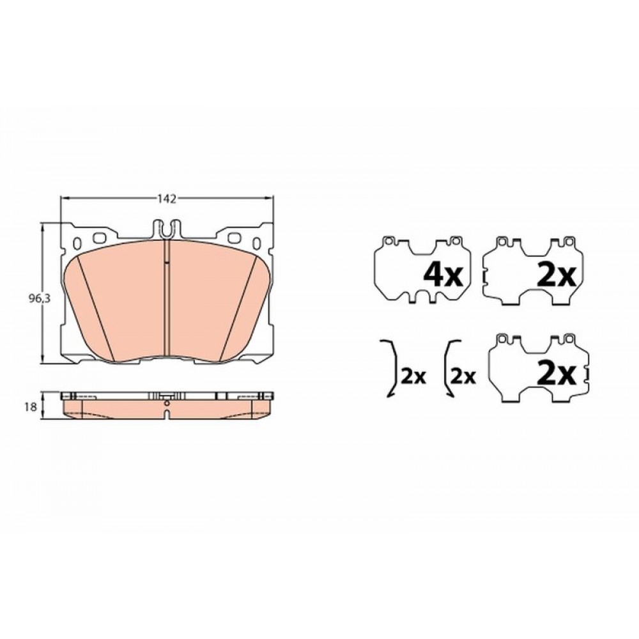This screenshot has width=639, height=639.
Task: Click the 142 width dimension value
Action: pos(167,199)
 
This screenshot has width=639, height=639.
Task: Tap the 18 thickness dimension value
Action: pos(30,406)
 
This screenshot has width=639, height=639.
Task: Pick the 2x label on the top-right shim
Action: pos(557,275)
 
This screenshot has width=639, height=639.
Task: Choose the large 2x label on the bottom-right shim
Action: pos(557,374)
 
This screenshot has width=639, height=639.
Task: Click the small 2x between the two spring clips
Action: pos(413,377)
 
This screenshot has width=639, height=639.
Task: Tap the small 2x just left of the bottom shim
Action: pos(463,377)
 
